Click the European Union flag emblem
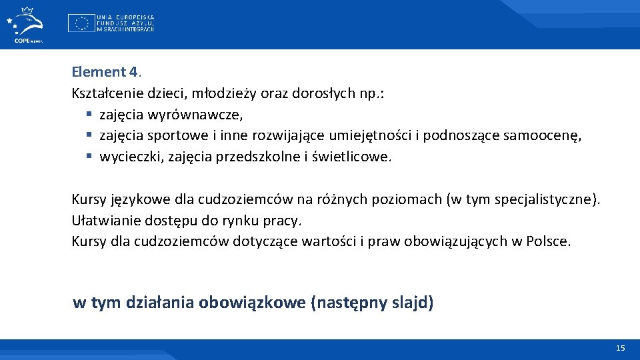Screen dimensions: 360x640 (x=80, y=23)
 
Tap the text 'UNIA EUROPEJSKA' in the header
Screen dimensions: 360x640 (x=125, y=16)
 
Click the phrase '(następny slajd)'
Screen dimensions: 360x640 (x=372, y=303)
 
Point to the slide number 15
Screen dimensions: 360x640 (x=620, y=348)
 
